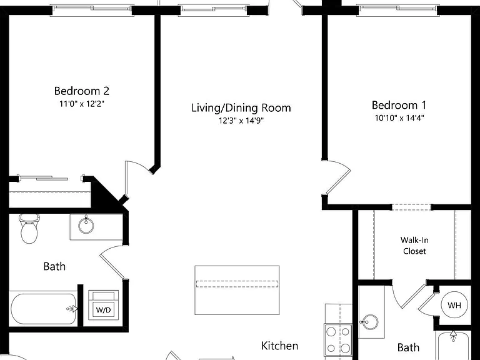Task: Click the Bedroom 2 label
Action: click(x=81, y=91)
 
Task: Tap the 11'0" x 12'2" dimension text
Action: click(x=82, y=104)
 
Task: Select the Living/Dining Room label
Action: click(x=241, y=107)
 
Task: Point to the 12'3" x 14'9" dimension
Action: click(x=241, y=121)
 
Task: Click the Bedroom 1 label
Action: click(x=399, y=105)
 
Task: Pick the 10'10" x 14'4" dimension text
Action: click(x=399, y=118)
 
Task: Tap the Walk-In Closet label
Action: click(x=414, y=246)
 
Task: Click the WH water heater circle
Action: click(x=454, y=305)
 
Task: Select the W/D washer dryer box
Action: click(x=104, y=305)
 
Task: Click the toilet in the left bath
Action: click(x=29, y=228)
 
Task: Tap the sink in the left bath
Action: click(x=86, y=225)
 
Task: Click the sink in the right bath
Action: click(x=370, y=322)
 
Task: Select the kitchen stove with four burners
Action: click(x=338, y=339)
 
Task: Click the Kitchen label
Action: click(x=279, y=346)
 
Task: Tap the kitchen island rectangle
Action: click(x=237, y=290)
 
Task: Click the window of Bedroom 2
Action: click(x=92, y=9)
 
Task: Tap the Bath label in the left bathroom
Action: click(x=54, y=266)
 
